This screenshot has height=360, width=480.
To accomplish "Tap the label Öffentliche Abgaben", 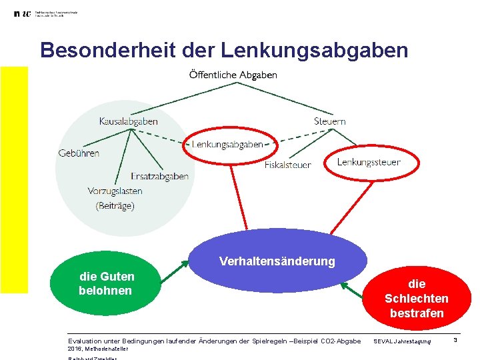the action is click(x=233, y=75).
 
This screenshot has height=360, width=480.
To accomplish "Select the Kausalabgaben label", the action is click(x=128, y=121).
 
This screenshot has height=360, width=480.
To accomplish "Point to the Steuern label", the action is click(x=329, y=121).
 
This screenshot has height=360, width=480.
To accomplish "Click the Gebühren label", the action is click(x=79, y=153).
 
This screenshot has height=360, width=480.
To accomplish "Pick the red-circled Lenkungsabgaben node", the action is click(x=227, y=145).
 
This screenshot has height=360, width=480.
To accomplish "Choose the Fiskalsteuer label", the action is click(x=287, y=165).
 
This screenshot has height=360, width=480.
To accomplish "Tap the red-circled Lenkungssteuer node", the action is click(x=369, y=162).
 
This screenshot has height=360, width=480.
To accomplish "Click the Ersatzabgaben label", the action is click(x=159, y=177).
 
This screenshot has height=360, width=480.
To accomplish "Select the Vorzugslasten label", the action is click(x=115, y=191).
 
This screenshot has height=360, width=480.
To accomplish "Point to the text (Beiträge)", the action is click(x=115, y=206).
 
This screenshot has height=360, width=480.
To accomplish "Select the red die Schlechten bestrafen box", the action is click(x=417, y=299).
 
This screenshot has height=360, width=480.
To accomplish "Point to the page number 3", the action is click(x=455, y=341).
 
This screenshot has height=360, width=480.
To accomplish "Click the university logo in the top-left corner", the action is click(x=22, y=14).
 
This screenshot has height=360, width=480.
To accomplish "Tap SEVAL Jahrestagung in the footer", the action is click(x=402, y=342).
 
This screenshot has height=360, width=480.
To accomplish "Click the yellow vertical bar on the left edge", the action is click(x=14, y=180).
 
